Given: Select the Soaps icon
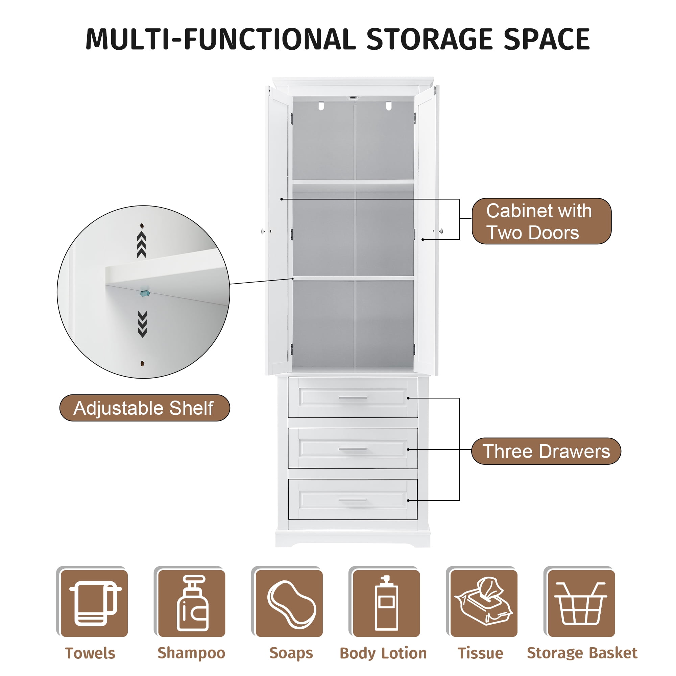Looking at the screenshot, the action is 291,604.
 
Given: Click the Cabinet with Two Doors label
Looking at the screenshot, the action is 541,221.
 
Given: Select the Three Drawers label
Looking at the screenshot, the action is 546,451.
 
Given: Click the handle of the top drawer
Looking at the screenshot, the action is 353,398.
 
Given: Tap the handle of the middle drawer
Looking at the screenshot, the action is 353,449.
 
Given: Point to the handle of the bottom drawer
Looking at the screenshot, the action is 353,500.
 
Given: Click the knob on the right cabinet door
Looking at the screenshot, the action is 441,231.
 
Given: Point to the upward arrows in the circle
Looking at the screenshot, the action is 141,244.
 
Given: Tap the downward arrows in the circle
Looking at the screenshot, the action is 142,324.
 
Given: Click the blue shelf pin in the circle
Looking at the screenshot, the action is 145,293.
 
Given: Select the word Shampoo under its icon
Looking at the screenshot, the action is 191,653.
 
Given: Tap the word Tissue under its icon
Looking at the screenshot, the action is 480,653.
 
